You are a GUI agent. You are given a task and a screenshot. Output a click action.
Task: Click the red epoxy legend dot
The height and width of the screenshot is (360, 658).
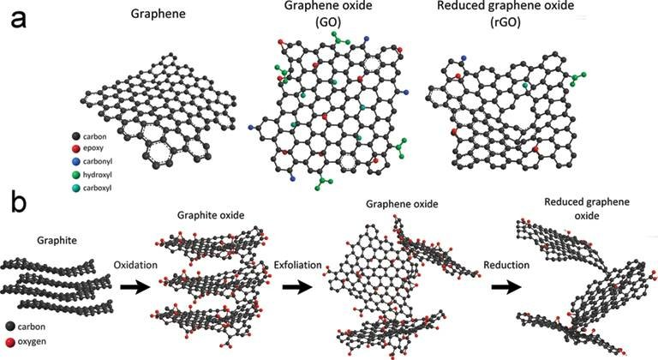78,148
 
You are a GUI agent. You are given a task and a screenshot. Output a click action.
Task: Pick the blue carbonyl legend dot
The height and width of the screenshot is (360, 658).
78,160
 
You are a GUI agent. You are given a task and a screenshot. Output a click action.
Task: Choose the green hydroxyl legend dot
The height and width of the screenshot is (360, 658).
78,173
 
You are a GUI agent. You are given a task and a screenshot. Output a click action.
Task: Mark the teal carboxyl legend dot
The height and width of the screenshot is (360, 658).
78,186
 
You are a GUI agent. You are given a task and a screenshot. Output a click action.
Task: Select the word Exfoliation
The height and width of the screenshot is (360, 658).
296,267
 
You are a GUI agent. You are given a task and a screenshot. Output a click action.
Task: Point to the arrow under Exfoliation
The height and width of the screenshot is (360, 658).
296,290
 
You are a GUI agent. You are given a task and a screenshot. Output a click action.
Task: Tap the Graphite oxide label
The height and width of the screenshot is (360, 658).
206,214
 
